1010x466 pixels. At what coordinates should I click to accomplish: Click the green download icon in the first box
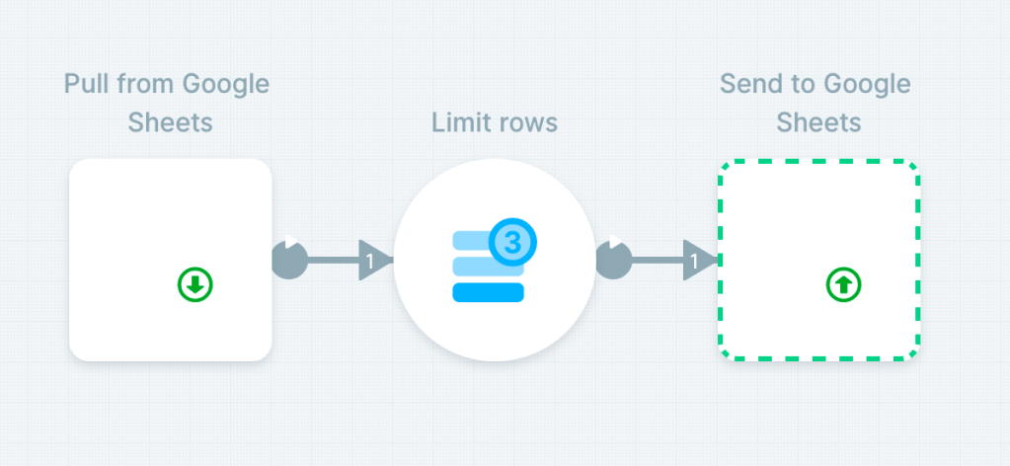[x=195, y=285]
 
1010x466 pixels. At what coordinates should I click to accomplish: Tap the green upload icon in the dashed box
[x=843, y=285]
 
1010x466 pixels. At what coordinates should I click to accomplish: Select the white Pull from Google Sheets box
[x=170, y=259]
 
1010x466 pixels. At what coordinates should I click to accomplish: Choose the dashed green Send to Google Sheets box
[x=818, y=259]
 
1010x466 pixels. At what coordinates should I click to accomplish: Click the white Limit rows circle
[x=494, y=261]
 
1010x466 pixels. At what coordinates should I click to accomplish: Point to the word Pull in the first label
[x=86, y=84]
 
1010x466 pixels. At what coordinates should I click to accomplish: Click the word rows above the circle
[x=527, y=122]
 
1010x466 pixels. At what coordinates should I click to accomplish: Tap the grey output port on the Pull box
[x=289, y=260]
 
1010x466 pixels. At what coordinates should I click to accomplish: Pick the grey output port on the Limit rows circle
[x=613, y=260]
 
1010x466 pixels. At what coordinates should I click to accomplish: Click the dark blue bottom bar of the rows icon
[x=488, y=291]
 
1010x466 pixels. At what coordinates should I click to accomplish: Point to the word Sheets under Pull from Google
[x=170, y=122]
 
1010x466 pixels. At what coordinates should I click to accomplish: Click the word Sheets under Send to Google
[x=818, y=122]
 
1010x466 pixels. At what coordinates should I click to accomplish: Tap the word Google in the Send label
[x=869, y=84]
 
